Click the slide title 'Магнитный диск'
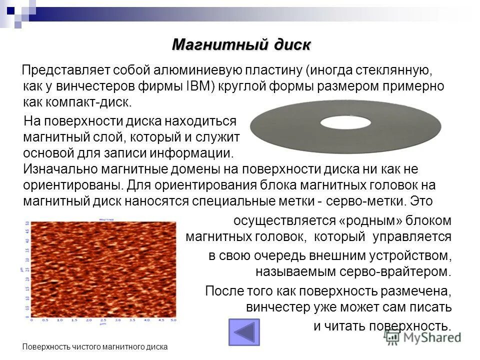pyautogui.click(x=241, y=45)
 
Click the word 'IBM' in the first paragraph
pyautogui.click(x=201, y=86)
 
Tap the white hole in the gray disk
pyautogui.click(x=345, y=122)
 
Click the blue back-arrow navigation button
pyautogui.click(x=244, y=332)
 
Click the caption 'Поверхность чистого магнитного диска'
pyautogui.click(x=95, y=346)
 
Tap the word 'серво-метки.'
pyautogui.click(x=379, y=201)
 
